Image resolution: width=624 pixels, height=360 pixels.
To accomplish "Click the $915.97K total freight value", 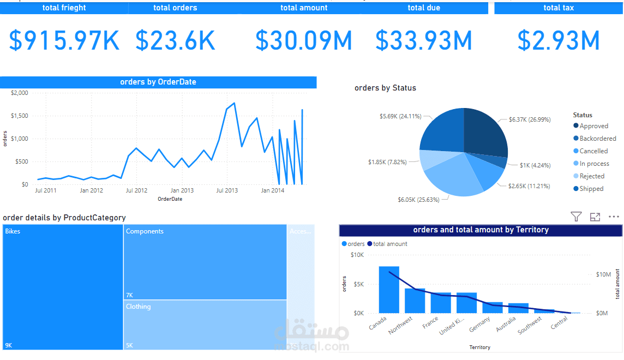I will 64,40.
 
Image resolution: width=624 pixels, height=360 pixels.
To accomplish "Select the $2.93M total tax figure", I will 559,40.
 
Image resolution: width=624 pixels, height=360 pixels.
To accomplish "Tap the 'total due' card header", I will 424,8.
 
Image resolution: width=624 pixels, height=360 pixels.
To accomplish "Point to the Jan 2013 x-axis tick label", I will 182,190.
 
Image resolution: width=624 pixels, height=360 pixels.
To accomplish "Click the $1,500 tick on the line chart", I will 19,116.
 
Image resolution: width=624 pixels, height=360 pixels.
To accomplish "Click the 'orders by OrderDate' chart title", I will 158,82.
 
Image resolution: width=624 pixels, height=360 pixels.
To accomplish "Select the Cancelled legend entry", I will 593,151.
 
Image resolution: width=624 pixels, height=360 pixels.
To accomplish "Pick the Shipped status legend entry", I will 591,189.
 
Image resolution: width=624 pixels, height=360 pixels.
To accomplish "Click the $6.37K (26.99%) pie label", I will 530,119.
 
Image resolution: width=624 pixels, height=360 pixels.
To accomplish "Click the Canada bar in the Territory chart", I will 389,289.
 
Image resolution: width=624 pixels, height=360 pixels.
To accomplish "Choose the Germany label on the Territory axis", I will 480,325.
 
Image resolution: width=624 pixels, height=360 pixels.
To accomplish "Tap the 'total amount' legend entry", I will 390,244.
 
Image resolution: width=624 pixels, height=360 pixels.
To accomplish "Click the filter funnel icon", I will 576,217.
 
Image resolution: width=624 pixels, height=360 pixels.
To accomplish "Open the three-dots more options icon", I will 614,217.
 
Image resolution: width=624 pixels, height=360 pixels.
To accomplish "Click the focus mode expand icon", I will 595,217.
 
